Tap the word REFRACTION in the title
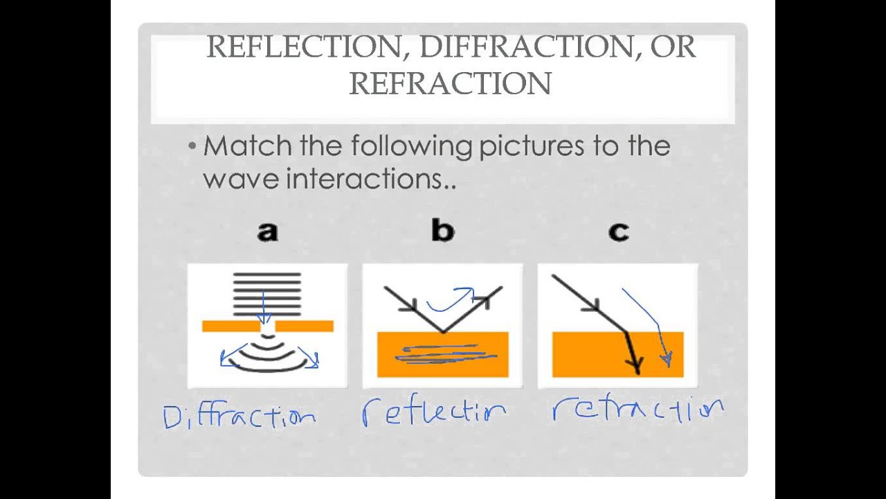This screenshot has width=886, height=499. (x=450, y=84)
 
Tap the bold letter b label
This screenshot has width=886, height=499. (x=442, y=230)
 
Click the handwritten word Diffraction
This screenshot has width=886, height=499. (x=239, y=417)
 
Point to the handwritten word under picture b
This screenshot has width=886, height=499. (x=434, y=412)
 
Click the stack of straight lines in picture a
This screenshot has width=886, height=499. (x=267, y=294)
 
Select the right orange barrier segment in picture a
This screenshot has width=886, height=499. (x=305, y=326)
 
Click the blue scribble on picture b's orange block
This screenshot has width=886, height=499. (x=444, y=355)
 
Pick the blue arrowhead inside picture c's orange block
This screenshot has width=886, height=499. (x=666, y=358)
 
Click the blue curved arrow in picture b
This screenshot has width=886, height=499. (x=451, y=300)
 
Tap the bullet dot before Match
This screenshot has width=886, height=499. (x=192, y=147)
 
